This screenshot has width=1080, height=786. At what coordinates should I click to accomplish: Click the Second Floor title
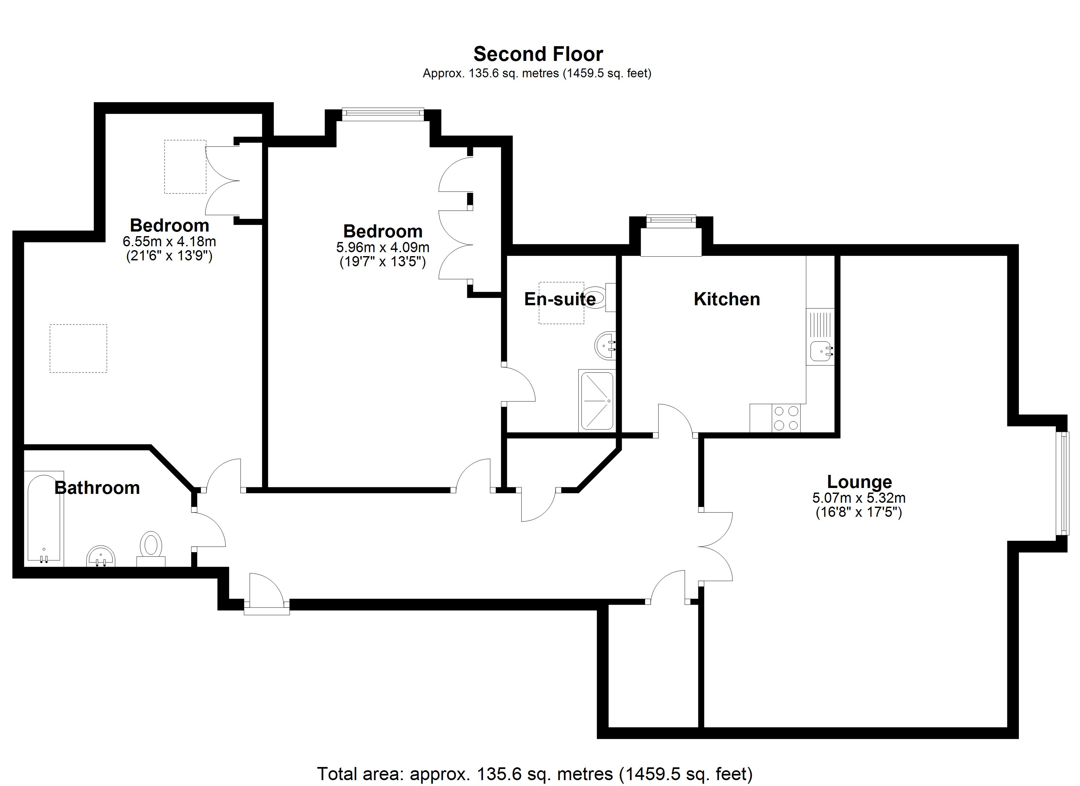coord(538,54)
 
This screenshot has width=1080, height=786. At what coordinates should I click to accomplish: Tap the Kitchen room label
coord(727,299)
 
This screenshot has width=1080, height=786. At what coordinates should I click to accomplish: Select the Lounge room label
coord(859,482)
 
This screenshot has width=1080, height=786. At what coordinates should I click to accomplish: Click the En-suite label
coord(560,299)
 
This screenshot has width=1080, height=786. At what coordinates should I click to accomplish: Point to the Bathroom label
coord(97,488)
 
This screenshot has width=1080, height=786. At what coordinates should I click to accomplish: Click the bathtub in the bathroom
coord(44,517)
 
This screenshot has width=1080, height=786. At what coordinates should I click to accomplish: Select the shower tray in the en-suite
coord(597,401)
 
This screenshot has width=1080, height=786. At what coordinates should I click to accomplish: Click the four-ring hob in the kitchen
coord(786,418)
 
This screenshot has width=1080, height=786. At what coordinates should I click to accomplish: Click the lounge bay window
coord(1061,484)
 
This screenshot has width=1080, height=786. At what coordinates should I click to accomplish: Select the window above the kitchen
coord(671,220)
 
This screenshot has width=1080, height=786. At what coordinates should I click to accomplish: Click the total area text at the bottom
coord(534,774)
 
